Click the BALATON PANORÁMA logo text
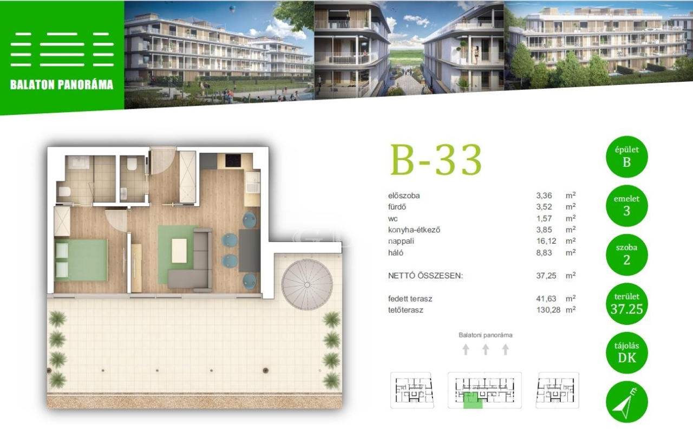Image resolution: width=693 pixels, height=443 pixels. (x=62, y=85)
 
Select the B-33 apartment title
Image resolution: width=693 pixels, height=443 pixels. (x=436, y=160)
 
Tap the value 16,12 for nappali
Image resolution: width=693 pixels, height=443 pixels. (x=546, y=241)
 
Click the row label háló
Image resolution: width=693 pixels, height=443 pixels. (x=396, y=252)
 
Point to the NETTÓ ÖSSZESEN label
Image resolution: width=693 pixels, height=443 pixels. (x=426, y=275)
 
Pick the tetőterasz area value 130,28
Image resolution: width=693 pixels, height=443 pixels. (x=548, y=310)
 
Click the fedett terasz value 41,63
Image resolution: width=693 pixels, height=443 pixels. (x=546, y=298)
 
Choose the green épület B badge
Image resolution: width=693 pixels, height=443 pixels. (x=626, y=157)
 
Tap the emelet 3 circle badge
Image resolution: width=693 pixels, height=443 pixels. (x=626, y=206)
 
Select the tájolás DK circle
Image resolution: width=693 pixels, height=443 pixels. (x=626, y=353)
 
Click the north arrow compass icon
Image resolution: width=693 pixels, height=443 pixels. (x=626, y=402)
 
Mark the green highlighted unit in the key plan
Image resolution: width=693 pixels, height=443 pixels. (x=473, y=400)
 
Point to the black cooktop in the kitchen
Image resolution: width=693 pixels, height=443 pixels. (x=233, y=160)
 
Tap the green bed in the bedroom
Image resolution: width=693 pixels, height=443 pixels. (x=81, y=260)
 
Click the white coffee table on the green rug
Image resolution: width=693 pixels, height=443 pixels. (x=179, y=251)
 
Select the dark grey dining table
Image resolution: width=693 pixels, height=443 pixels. (x=250, y=251)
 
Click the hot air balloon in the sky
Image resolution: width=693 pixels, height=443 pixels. (x=232, y=9)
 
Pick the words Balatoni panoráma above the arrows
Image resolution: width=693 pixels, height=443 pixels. (x=486, y=335)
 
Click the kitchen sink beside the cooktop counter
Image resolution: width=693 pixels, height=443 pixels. (x=252, y=183)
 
